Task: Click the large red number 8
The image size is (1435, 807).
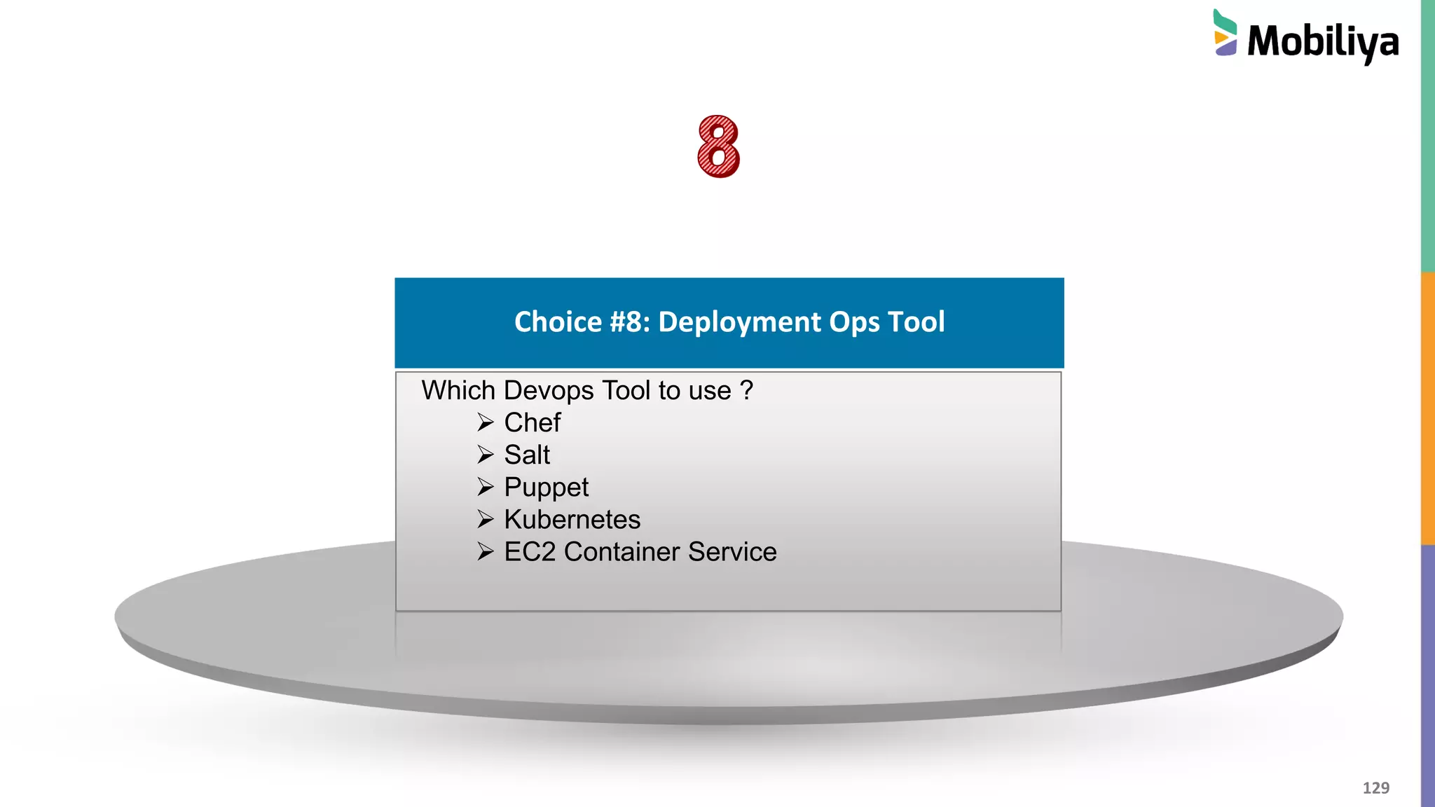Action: tap(718, 146)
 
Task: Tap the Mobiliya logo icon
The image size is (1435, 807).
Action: tap(1225, 34)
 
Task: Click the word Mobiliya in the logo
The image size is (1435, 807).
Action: tap(1323, 42)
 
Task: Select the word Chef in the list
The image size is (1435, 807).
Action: tap(533, 422)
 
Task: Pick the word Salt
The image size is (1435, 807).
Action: tap(527, 455)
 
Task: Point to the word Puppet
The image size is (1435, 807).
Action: tap(546, 488)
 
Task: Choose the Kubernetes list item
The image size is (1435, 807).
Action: tap(572, 519)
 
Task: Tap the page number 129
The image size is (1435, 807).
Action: tap(1375, 788)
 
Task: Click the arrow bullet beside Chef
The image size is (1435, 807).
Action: tap(486, 422)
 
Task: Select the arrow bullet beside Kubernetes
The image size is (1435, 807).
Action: tap(486, 519)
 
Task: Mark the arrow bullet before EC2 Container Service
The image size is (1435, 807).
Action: tap(486, 551)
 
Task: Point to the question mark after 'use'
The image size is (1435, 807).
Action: tap(747, 390)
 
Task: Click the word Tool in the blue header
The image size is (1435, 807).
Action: tap(916, 322)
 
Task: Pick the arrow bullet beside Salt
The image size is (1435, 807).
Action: tap(486, 455)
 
